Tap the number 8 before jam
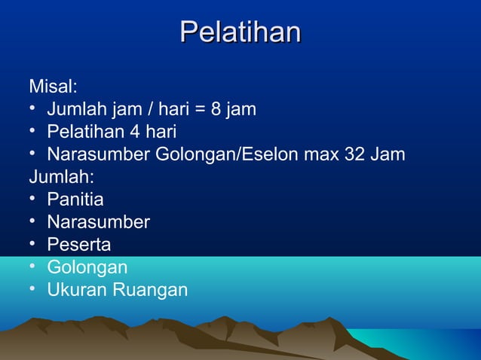click(x=216, y=110)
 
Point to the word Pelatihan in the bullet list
click(x=86, y=133)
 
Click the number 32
click(x=354, y=155)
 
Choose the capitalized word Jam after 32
click(x=387, y=155)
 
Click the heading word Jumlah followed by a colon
click(x=60, y=178)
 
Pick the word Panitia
click(x=75, y=200)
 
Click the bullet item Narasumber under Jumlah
click(x=98, y=222)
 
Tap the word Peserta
click(x=78, y=245)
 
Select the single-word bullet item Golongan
click(x=87, y=267)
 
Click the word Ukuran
click(x=76, y=290)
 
